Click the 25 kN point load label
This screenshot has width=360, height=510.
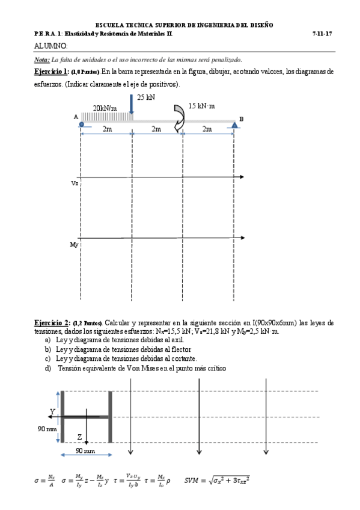click(x=146, y=97)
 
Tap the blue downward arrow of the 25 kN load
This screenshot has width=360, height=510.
click(x=132, y=105)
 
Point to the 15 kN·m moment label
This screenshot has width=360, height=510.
click(x=202, y=106)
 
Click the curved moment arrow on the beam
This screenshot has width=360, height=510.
click(x=179, y=117)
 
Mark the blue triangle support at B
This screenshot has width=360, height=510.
click(x=233, y=124)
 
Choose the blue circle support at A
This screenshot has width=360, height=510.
click(x=81, y=124)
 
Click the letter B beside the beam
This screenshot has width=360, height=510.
click(x=241, y=119)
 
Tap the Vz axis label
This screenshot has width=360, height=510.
click(x=74, y=182)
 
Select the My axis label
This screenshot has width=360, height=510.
click(x=74, y=245)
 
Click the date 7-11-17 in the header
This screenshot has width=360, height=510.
click(x=323, y=34)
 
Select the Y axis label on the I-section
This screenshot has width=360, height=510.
click(x=52, y=411)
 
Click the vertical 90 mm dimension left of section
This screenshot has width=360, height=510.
click(x=47, y=429)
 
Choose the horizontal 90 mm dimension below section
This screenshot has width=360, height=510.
click(x=86, y=450)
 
